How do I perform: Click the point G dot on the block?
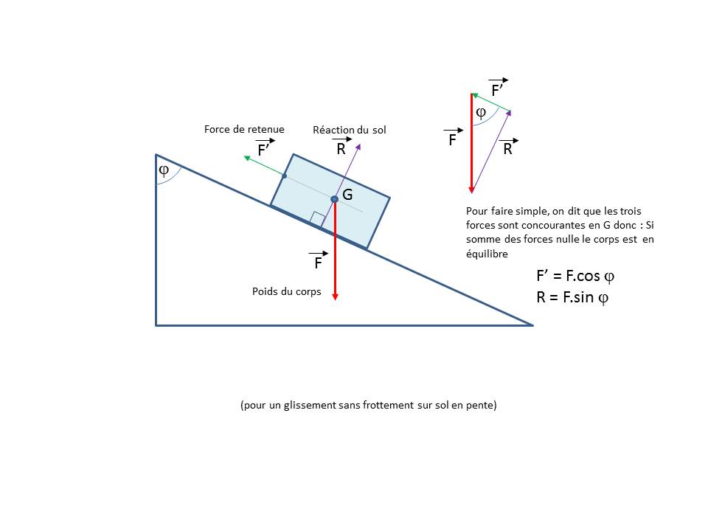coord(334,199)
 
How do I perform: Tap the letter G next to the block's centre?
coord(348,195)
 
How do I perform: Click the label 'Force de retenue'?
coord(244,129)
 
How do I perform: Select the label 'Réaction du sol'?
coord(350,130)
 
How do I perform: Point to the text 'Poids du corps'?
coord(287,291)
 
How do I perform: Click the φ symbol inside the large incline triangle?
coord(164,170)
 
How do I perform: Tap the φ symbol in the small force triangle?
coord(481,113)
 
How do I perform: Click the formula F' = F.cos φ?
coord(575,277)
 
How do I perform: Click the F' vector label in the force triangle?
coord(498,89)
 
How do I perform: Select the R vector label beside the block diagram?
coord(341,147)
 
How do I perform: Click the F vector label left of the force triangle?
coord(454,139)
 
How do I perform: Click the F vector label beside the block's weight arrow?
coord(319,262)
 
